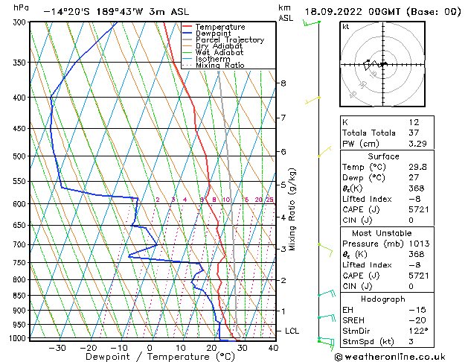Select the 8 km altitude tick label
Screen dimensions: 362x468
(x=283, y=83)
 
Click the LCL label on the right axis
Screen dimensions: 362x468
(x=292, y=330)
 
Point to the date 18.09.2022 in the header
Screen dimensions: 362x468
(x=335, y=12)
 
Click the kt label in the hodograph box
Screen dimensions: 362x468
(x=346, y=26)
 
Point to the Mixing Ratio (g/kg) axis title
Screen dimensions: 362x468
(x=293, y=209)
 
